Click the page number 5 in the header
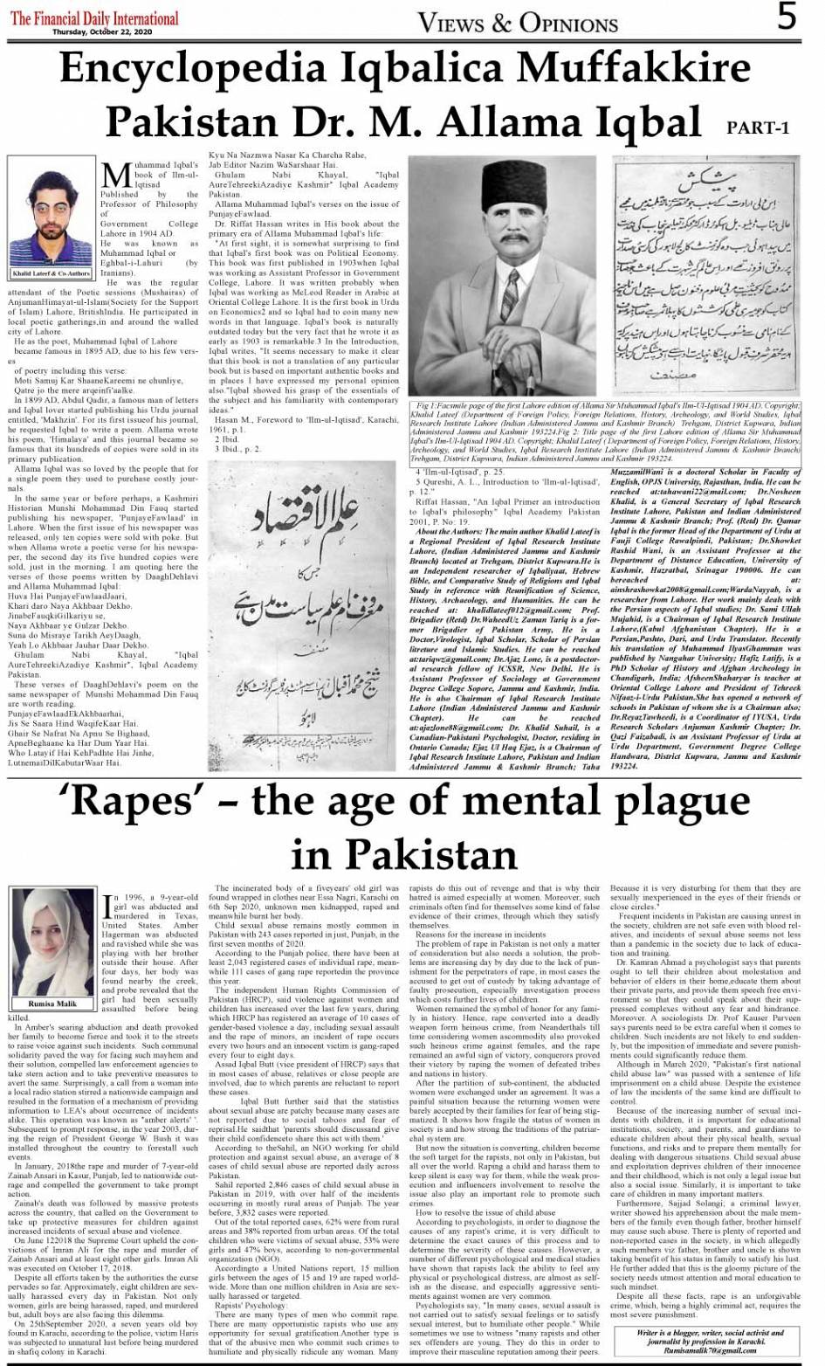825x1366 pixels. click(x=787, y=17)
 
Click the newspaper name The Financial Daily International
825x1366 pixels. click(x=94, y=17)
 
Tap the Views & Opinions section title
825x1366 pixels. click(x=518, y=21)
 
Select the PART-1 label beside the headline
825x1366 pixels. click(x=758, y=128)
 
